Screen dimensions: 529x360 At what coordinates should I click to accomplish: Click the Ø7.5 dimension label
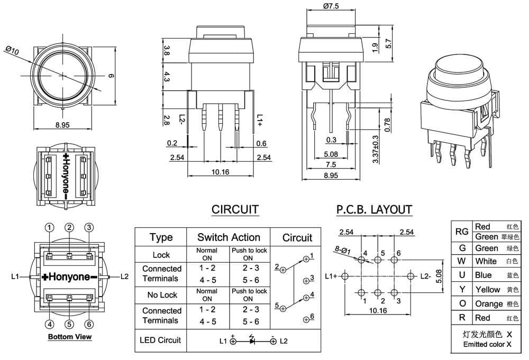[x=331, y=6]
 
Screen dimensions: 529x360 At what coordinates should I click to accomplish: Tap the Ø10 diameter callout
[x=13, y=51]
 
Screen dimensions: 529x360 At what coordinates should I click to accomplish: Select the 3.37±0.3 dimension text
[x=376, y=149]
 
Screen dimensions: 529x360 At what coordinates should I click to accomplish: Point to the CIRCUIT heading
[x=235, y=209]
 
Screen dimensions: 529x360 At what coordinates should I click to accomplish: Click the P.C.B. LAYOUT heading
[x=374, y=210]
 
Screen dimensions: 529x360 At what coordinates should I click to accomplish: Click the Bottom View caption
[x=70, y=336]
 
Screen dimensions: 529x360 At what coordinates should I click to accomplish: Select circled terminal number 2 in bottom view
[x=69, y=227]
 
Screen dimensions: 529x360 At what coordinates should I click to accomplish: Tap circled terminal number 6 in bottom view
[x=89, y=324]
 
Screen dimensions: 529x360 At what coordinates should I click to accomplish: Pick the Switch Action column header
[x=229, y=237]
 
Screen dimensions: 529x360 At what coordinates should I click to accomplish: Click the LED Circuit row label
[x=160, y=340]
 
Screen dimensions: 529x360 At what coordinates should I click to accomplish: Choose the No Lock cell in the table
[x=162, y=295]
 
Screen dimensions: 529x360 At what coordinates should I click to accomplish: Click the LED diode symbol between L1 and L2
[x=252, y=340]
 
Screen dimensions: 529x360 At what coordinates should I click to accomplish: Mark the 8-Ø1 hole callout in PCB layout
[x=343, y=250]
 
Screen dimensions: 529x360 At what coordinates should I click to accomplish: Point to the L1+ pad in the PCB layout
[x=344, y=276]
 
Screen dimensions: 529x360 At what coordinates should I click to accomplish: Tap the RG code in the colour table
[x=462, y=232]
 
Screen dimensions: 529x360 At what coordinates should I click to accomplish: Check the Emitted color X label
[x=487, y=344]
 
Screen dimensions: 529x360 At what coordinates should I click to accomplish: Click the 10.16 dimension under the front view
[x=220, y=172]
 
